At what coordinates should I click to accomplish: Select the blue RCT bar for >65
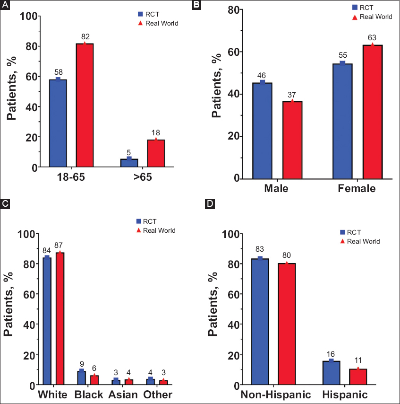pyautogui.click(x=129, y=163)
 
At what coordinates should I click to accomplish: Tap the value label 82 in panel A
pyautogui.click(x=85, y=37)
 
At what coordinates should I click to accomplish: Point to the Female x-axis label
pyautogui.click(x=357, y=189)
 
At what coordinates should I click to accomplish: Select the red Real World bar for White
pyautogui.click(x=60, y=318)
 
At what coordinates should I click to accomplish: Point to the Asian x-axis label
pyautogui.click(x=123, y=395)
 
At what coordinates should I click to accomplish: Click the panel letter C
pyautogui.click(x=5, y=204)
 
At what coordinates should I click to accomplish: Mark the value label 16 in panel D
pyautogui.click(x=331, y=354)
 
